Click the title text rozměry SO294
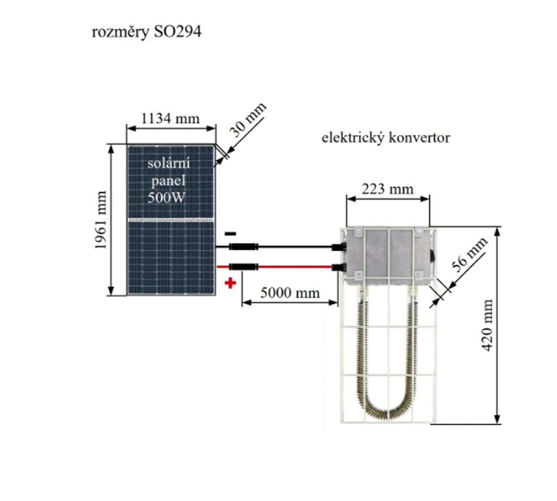coord(146,32)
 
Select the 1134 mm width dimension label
coord(170,118)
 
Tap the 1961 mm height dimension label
coord(100,220)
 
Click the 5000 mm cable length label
coord(290,293)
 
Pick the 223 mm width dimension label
coord(387,189)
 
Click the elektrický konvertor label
coord(385,138)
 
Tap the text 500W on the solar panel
coord(166,197)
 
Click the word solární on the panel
coord(168,164)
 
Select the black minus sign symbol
coord(230,233)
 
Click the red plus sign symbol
coord(230,283)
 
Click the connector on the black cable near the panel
coord(243,246)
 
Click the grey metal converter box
coord(388,257)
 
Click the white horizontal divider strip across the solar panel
coord(171,220)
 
